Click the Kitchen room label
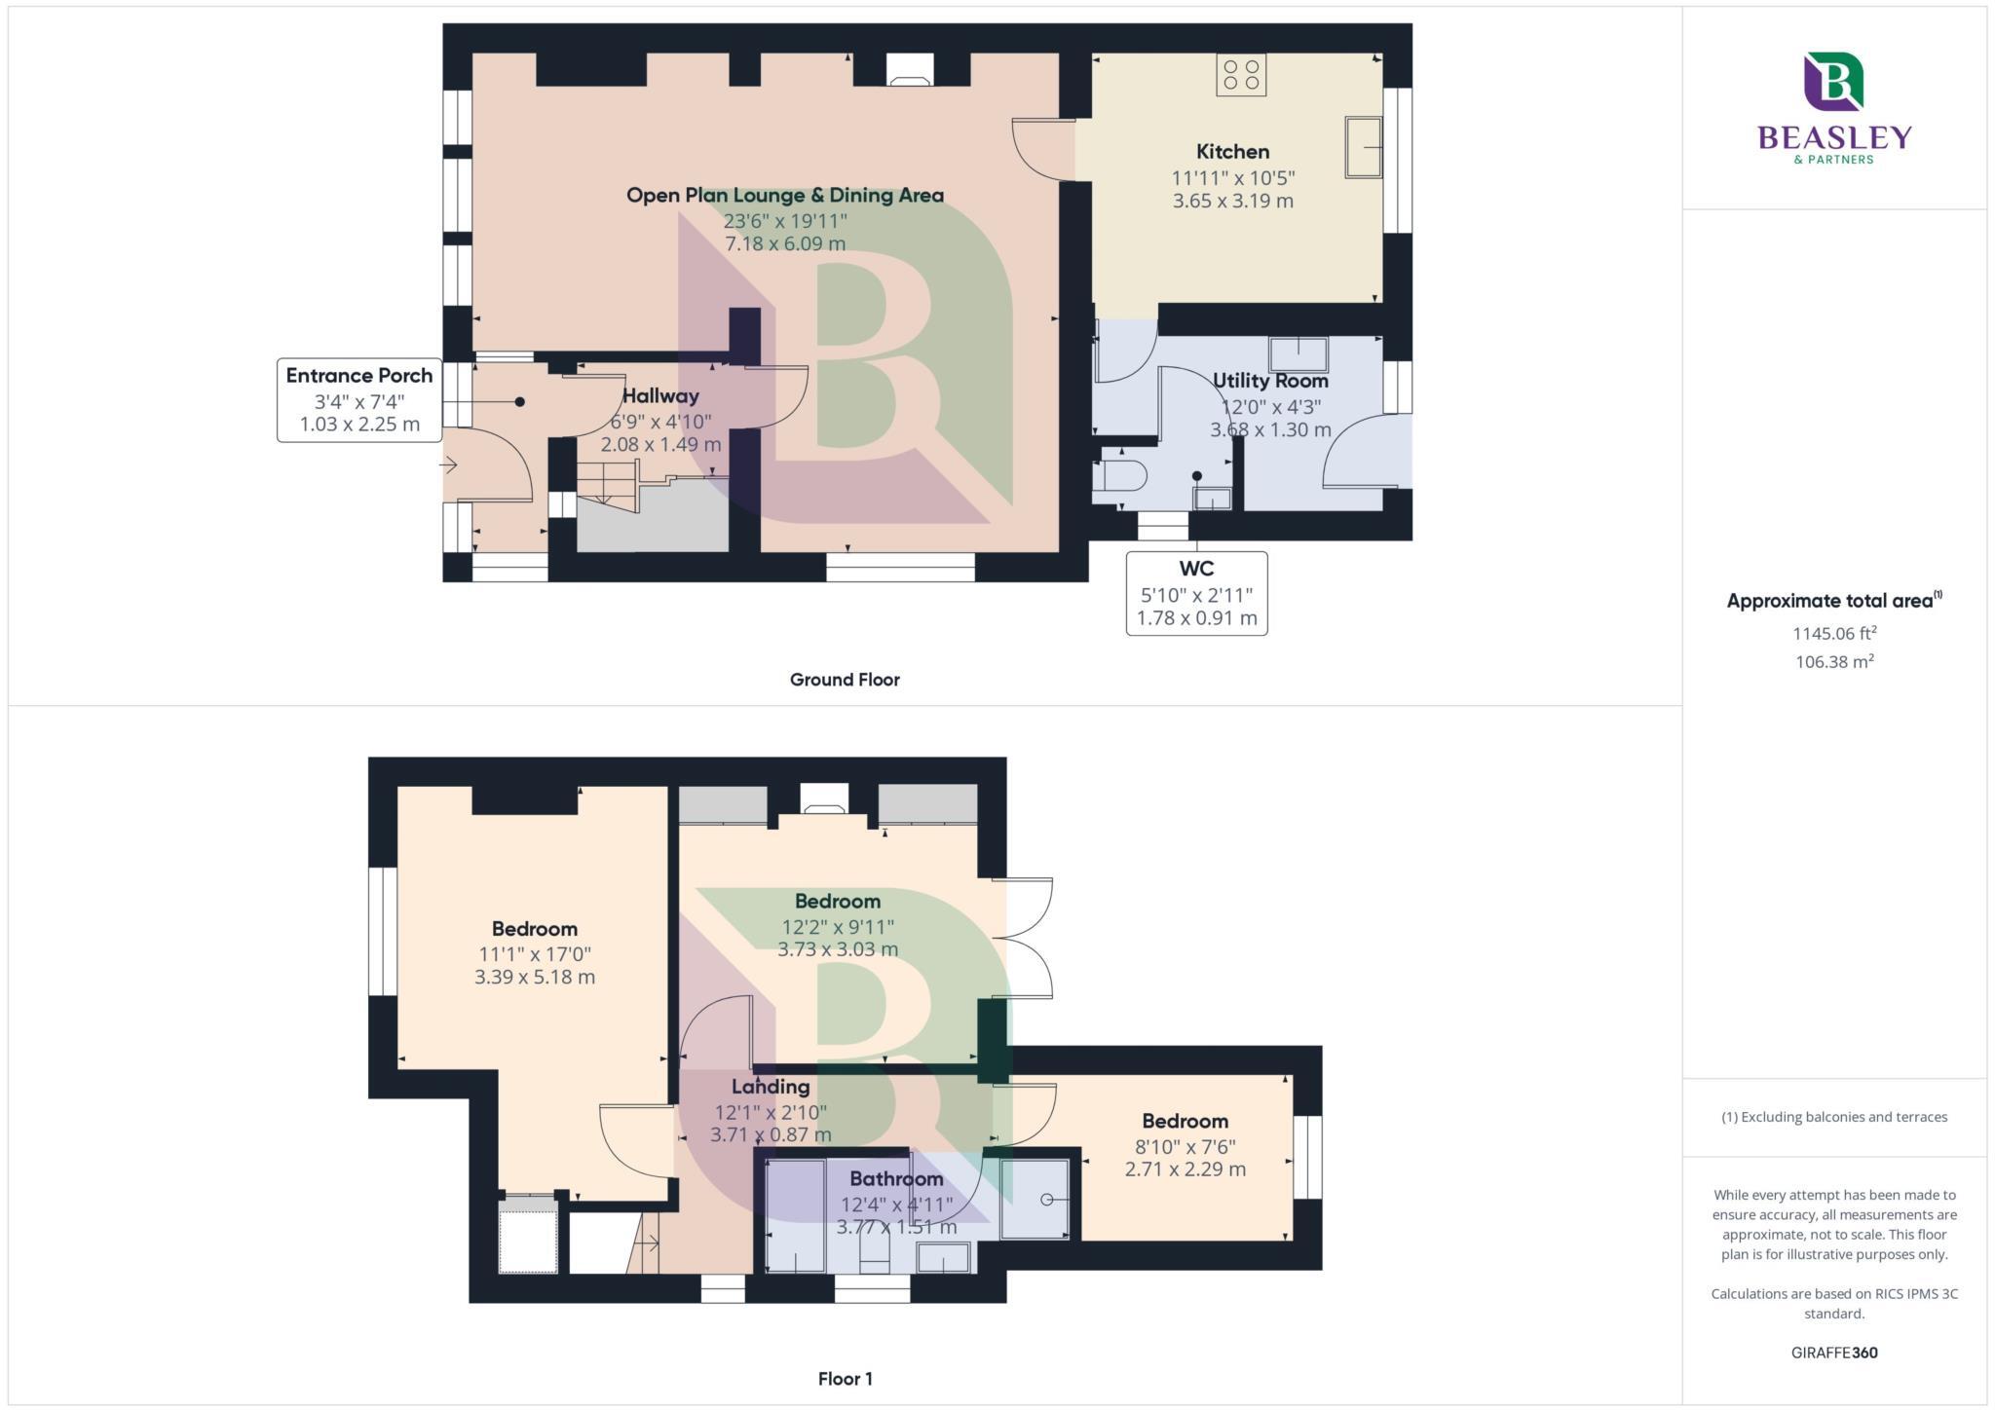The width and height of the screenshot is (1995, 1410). [1232, 152]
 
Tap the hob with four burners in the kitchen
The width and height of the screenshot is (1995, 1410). [1241, 75]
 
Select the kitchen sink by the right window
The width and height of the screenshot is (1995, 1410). [1363, 147]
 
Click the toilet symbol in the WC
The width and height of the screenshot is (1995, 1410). [1121, 477]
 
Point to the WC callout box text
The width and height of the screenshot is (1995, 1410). [1196, 593]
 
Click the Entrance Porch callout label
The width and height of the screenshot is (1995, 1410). [358, 376]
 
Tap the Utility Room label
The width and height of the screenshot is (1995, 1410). [1270, 381]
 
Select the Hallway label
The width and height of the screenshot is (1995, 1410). [660, 396]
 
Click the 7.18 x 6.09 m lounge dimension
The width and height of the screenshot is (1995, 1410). [785, 243]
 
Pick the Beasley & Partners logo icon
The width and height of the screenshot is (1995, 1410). [1833, 82]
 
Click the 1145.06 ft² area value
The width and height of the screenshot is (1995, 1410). [1834, 634]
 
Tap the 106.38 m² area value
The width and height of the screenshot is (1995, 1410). [1834, 662]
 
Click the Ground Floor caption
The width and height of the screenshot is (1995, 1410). [845, 680]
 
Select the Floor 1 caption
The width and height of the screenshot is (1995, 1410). [845, 1379]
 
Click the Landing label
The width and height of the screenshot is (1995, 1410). [771, 1087]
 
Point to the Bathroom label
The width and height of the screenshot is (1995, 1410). [896, 1179]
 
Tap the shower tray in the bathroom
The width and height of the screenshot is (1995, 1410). [1035, 1200]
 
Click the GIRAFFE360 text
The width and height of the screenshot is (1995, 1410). [1834, 1353]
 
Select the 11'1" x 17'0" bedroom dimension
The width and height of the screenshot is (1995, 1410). [534, 954]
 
